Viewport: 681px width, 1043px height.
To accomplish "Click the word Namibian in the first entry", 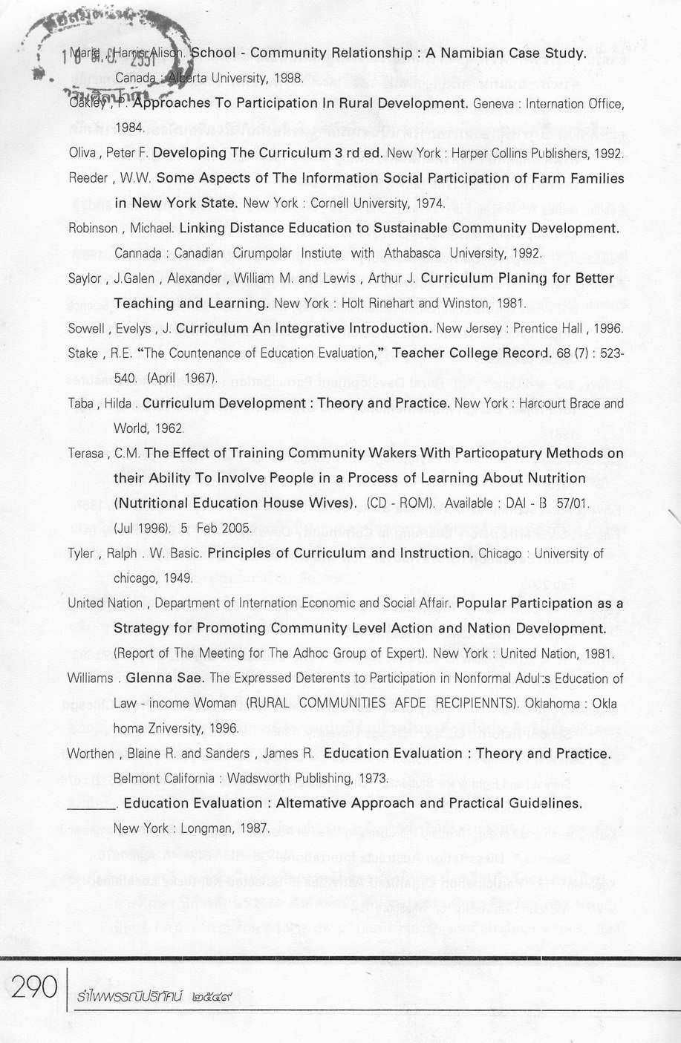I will click(x=470, y=53).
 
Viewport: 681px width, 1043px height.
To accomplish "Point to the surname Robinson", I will click(x=93, y=229).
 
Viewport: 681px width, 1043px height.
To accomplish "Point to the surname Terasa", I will click(x=87, y=454).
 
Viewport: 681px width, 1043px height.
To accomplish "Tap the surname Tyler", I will click(x=80, y=554).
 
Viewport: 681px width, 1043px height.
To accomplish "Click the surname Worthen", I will click(x=91, y=754).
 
